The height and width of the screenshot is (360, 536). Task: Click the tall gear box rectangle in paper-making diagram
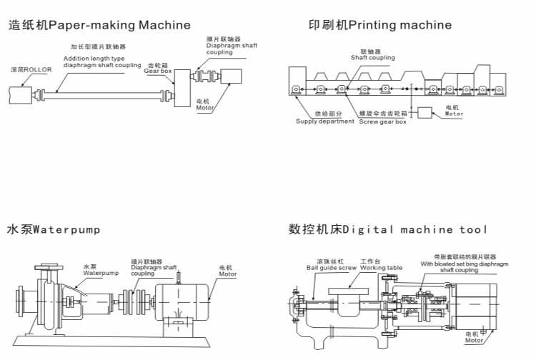181,88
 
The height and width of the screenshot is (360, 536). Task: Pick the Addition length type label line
93,59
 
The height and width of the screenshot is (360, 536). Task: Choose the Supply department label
325,121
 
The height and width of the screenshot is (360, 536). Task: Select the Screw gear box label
382,121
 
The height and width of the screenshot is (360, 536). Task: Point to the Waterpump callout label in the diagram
100,272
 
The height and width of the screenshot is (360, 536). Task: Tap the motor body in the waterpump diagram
182,294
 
